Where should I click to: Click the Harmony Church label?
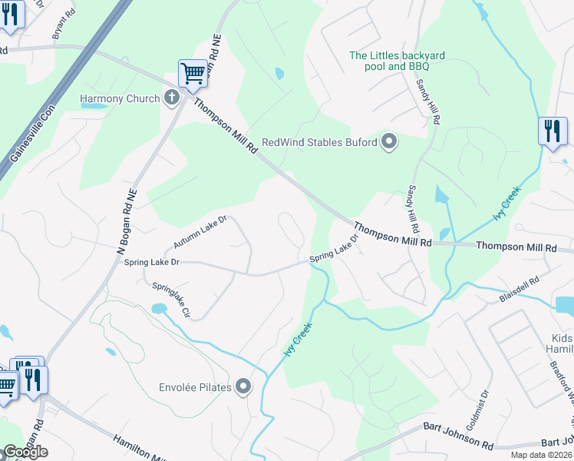pyautogui.click(x=120, y=98)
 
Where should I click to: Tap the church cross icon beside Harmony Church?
pyautogui.click(x=172, y=98)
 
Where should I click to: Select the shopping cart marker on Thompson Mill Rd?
pyautogui.click(x=193, y=74)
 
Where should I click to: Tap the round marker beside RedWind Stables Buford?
pyautogui.click(x=389, y=141)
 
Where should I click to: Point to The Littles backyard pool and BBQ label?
pyautogui.click(x=397, y=61)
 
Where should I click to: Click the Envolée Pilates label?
pyautogui.click(x=195, y=387)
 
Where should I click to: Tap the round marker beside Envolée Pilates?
pyautogui.click(x=243, y=386)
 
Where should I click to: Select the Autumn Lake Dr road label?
pyautogui.click(x=200, y=232)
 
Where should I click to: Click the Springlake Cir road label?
pyautogui.click(x=170, y=300)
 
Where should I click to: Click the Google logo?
pyautogui.click(x=25, y=452)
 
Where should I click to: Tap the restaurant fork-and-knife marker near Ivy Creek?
pyautogui.click(x=552, y=131)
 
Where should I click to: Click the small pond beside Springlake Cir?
pyautogui.click(x=159, y=309)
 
